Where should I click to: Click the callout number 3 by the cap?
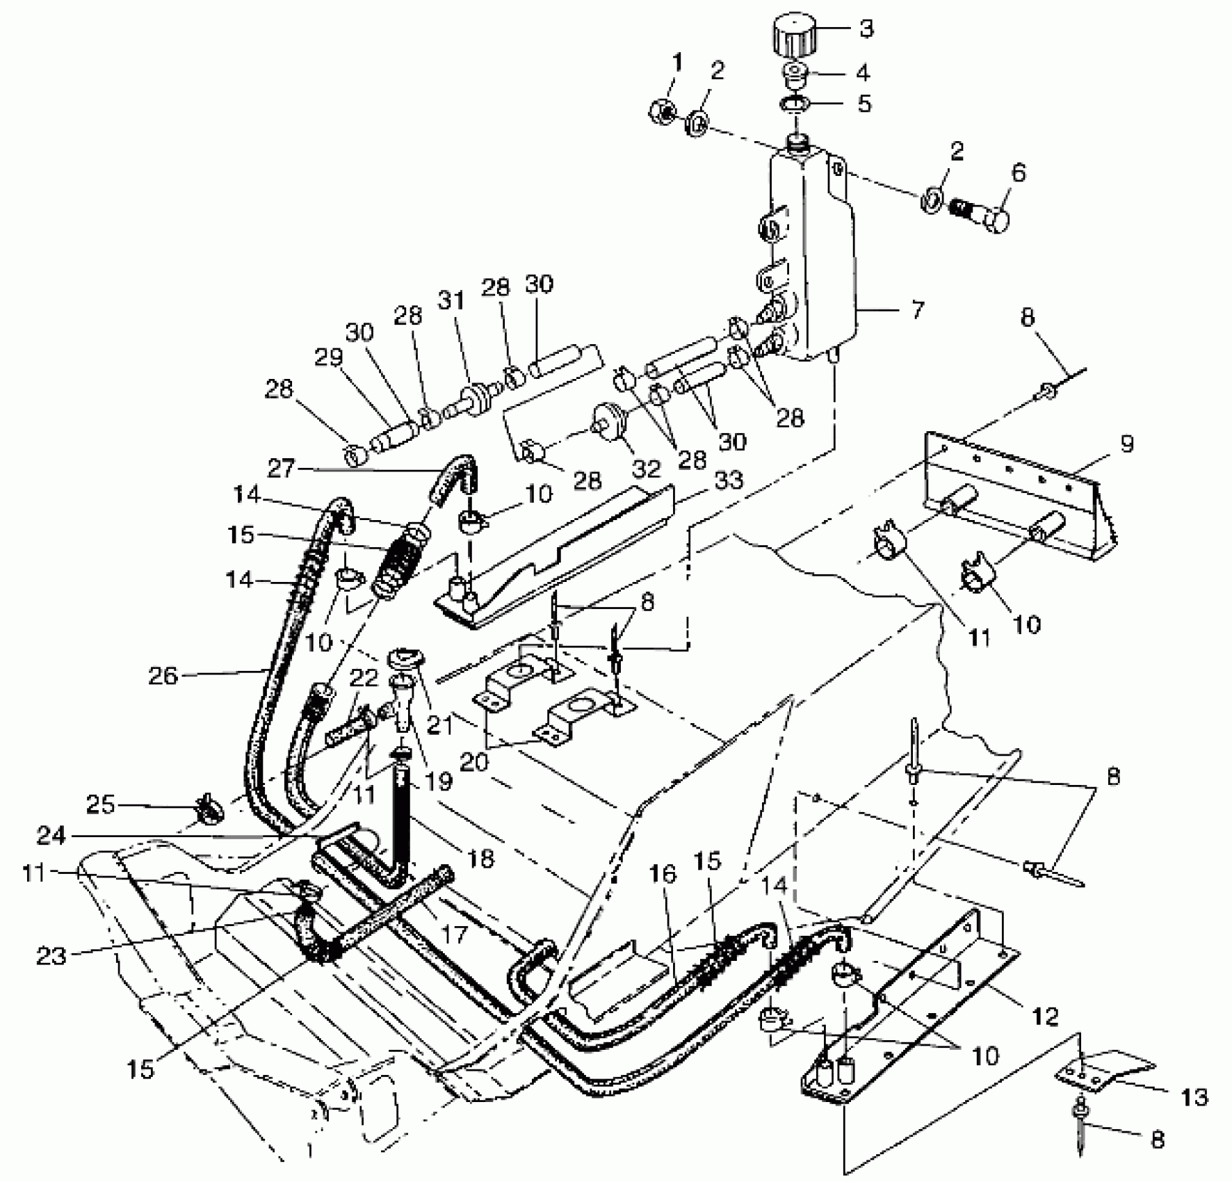[866, 29]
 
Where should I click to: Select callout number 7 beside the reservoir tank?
[917, 309]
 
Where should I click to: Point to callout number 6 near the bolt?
[1018, 172]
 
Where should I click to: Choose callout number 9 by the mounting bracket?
[1127, 442]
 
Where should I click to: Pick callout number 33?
[728, 480]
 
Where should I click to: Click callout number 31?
[453, 300]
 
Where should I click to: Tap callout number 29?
[328, 357]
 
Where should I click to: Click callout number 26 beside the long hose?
[163, 675]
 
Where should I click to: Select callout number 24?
[51, 836]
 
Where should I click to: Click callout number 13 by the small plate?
[1195, 1097]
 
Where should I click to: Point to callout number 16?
[664, 875]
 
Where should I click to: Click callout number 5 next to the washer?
[864, 104]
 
